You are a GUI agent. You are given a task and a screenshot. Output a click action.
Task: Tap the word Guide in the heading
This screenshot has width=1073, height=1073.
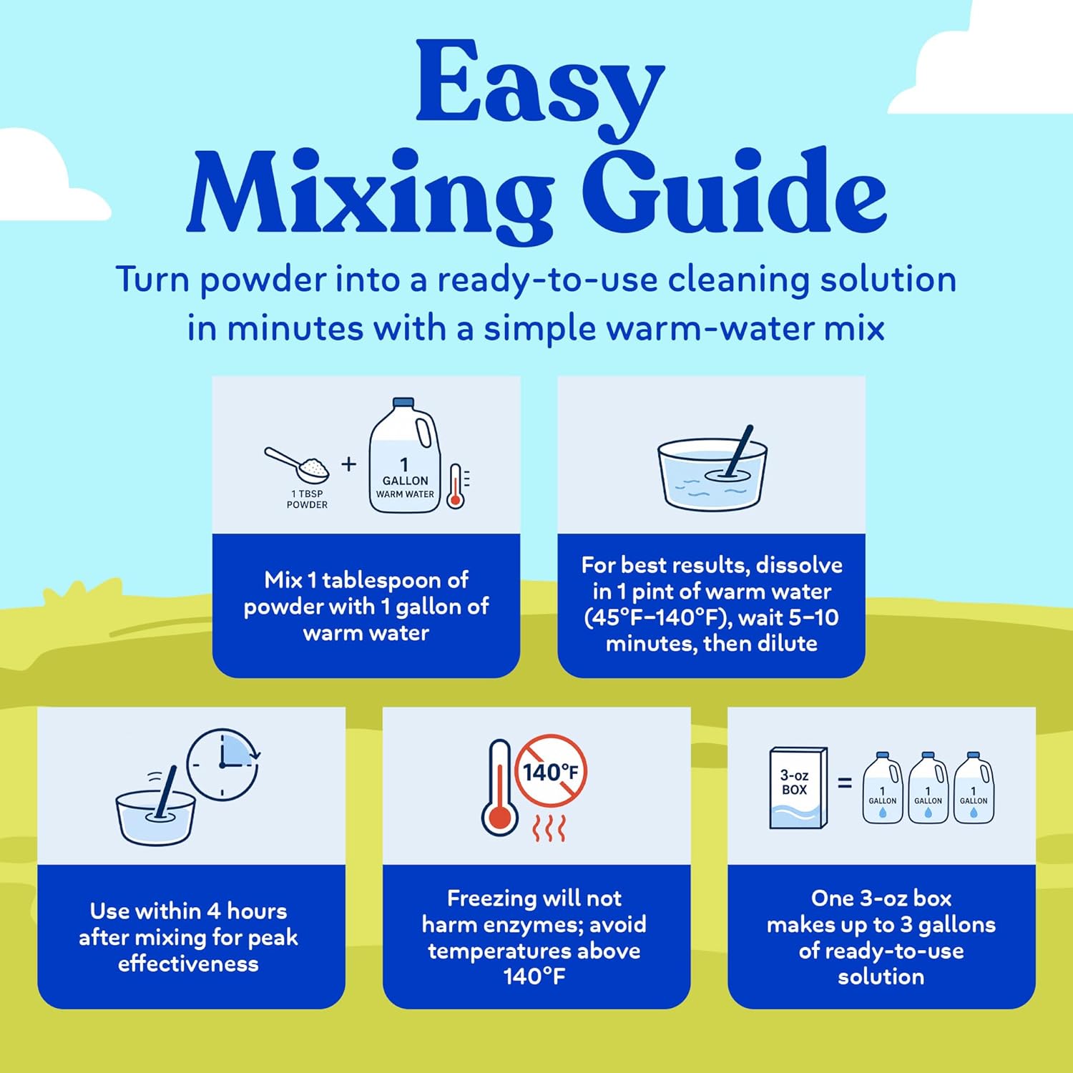click(x=738, y=191)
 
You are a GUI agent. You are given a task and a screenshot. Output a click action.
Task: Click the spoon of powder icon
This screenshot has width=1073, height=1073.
click(x=297, y=464)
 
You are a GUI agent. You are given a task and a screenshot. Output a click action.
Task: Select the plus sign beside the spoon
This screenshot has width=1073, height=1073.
click(x=348, y=464)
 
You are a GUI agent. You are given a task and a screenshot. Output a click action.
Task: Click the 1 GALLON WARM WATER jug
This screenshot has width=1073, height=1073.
click(x=404, y=456)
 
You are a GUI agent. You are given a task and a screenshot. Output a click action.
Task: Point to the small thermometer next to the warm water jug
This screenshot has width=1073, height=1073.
click(x=455, y=486)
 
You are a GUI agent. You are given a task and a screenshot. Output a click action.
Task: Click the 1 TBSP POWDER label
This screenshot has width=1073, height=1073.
click(x=307, y=499)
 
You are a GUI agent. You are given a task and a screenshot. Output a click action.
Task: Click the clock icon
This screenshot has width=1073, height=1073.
click(x=223, y=765)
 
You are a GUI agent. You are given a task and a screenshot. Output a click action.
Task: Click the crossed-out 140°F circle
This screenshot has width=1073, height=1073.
click(x=551, y=771)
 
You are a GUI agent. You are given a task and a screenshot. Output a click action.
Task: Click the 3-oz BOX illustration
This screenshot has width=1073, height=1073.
click(x=798, y=788)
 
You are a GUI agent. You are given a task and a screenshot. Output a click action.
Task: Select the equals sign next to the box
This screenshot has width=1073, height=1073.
click(x=845, y=783)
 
